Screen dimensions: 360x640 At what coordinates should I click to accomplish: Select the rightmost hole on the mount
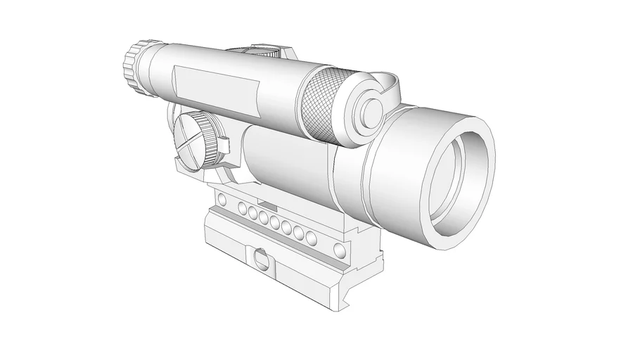(x=342, y=250)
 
